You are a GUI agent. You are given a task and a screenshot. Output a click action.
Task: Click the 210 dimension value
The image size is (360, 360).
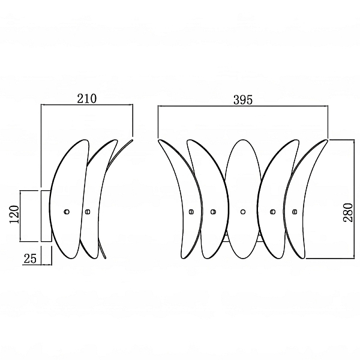click(87, 98)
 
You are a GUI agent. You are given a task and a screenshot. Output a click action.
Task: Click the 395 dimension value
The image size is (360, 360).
click(243, 100)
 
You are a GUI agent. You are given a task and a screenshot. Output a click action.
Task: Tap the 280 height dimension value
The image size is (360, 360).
click(348, 212)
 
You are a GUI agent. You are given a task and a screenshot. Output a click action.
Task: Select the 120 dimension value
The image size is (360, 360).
click(14, 214)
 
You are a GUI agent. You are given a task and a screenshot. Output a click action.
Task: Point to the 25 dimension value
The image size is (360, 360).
click(30, 259)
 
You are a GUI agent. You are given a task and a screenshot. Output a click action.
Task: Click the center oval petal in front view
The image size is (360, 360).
click(243, 199)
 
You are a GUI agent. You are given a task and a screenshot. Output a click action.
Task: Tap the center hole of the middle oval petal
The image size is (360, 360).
click(243, 212)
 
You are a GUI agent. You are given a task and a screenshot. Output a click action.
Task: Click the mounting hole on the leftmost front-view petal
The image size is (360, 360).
click(191, 212)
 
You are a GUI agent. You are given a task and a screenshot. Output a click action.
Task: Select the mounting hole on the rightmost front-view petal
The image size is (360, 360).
click(295, 212)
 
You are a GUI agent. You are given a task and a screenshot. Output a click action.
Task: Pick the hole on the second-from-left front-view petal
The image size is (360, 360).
click(213, 212)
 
